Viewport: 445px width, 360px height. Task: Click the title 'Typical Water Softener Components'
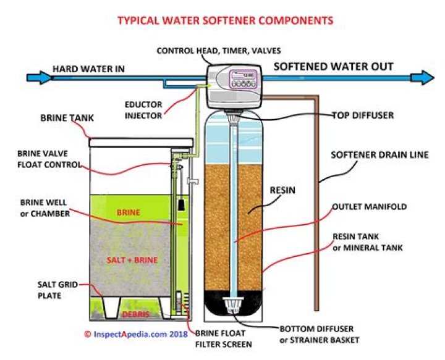pyautogui.click(x=225, y=20)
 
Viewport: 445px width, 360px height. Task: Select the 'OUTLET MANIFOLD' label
pyautogui.click(x=369, y=207)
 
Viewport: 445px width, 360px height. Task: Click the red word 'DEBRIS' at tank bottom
pyautogui.click(x=129, y=314)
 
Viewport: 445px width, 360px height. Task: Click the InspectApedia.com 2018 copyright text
pyautogui.click(x=134, y=334)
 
